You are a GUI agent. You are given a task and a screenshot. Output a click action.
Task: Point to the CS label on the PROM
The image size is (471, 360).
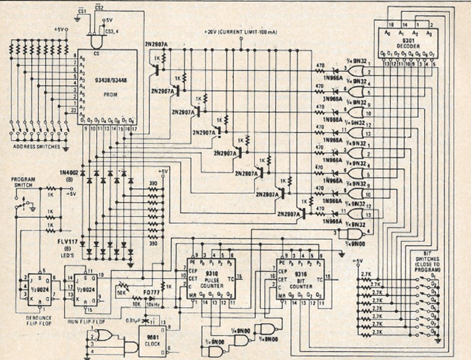pyautogui.click(x=96, y=53)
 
